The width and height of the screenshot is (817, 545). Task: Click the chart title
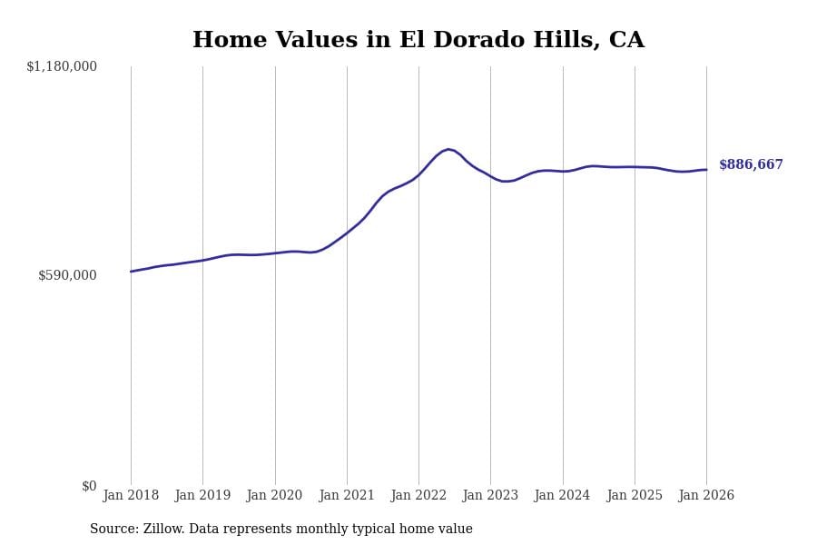click(x=418, y=41)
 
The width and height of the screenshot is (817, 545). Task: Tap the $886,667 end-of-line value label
click(x=751, y=165)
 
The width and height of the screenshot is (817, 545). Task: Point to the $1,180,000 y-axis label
click(x=62, y=66)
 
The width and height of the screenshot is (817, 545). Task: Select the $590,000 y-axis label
click(x=67, y=275)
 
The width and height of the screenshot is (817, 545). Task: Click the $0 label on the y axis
click(x=89, y=486)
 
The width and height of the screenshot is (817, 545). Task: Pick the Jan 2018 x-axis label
click(x=131, y=496)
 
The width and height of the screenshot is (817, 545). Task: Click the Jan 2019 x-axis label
click(x=202, y=496)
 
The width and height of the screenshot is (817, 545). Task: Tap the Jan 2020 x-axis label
click(x=274, y=496)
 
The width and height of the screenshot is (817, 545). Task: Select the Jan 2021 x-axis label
click(x=347, y=496)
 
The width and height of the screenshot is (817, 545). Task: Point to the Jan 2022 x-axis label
click(x=418, y=496)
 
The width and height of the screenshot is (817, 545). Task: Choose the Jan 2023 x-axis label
click(x=490, y=496)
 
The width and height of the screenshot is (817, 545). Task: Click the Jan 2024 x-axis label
click(x=562, y=496)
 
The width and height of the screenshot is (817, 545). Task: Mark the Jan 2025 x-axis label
click(x=635, y=496)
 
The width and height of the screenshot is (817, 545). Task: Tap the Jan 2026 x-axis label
click(x=706, y=496)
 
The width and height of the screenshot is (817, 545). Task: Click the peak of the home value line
click(x=448, y=149)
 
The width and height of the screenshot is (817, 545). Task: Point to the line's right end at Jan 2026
click(x=706, y=170)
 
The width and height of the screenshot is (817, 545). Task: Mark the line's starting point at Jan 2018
click(x=131, y=272)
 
